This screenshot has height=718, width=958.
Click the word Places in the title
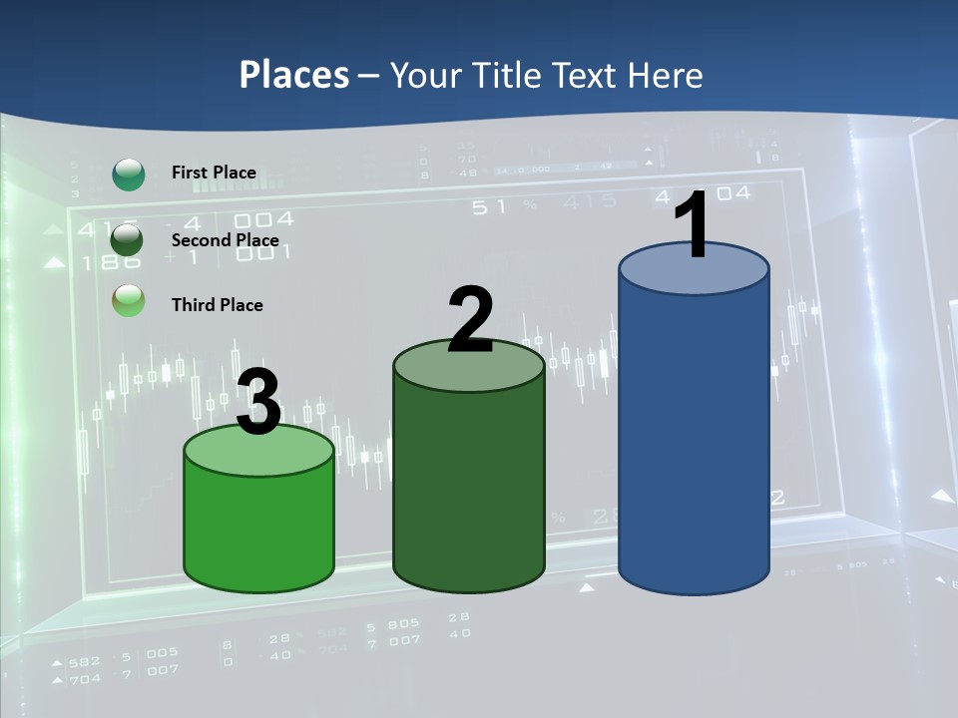coord(294,75)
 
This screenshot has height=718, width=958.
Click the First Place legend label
coord(214,173)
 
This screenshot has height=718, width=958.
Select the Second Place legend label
coord(225,240)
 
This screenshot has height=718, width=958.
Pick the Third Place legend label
coord(217,305)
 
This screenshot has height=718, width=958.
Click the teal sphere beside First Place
coord(129,174)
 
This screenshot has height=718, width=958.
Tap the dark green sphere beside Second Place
coord(128,239)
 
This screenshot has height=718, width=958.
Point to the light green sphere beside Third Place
coord(129,300)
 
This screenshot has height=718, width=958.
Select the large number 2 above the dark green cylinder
coord(470,321)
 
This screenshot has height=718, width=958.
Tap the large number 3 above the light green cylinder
coord(258,404)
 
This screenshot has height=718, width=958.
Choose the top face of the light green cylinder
coord(258,451)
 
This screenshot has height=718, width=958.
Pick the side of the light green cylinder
coord(258,529)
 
